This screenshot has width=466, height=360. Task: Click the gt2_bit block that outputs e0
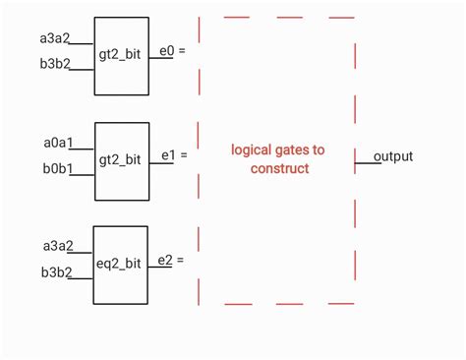click(x=121, y=55)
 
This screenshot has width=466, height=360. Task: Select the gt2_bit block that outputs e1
click(x=121, y=159)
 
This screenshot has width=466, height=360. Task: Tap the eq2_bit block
click(x=121, y=264)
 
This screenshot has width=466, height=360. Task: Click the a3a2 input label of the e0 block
click(x=56, y=39)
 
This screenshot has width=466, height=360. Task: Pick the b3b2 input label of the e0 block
click(x=56, y=66)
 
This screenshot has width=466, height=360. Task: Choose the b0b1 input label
click(x=58, y=169)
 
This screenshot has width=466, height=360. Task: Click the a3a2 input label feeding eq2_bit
click(x=56, y=245)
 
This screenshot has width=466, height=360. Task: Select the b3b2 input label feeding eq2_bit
click(x=56, y=271)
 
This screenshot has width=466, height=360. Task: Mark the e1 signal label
click(x=166, y=155)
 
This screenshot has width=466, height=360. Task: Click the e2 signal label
click(x=165, y=260)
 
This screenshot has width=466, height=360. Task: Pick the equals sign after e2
click(x=180, y=261)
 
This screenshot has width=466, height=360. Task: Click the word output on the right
click(x=393, y=156)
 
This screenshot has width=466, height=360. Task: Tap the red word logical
click(x=253, y=150)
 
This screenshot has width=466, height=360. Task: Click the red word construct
click(x=278, y=168)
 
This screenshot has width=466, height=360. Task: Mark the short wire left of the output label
click(x=366, y=161)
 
